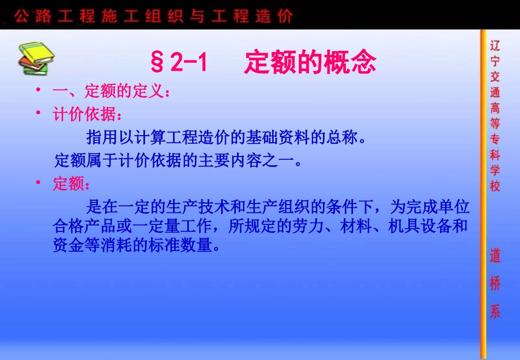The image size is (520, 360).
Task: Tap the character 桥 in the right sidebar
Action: (495, 284)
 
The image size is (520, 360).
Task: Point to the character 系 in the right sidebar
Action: (495, 312)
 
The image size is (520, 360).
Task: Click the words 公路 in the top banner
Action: (30, 16)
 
